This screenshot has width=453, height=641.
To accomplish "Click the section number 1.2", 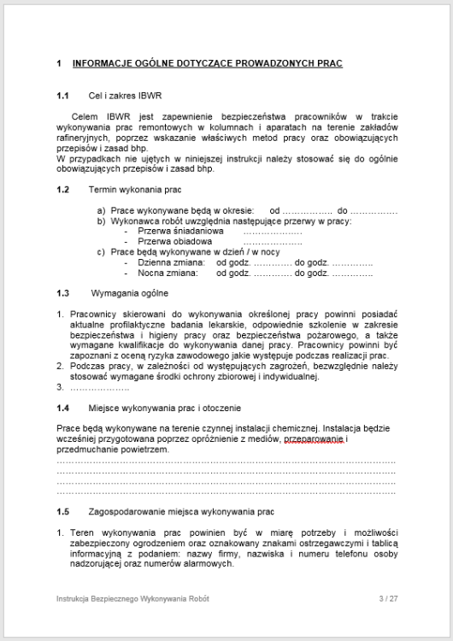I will [x=62, y=189].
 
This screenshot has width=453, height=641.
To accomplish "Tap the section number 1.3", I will [x=62, y=293].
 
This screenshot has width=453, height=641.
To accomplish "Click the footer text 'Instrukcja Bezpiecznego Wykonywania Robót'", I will [x=131, y=598].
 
